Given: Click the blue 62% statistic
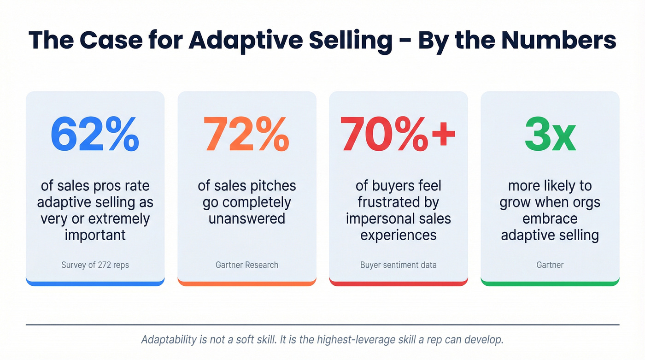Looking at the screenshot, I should pos(94,134).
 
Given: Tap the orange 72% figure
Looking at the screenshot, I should pos(246,134).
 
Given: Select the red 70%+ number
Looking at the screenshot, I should pos(398,134).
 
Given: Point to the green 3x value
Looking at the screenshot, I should pos(550,134).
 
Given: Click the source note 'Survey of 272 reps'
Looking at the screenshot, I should pos(95,265).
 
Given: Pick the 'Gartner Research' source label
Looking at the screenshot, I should pos(247,265).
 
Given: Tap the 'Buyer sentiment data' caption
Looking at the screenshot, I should pos(399,265).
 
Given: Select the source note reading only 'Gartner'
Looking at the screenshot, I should pos(550,265).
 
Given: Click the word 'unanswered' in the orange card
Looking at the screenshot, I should pos(247,218).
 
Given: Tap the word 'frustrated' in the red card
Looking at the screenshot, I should pos(398,202).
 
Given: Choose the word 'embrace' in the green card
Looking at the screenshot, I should pos(550,218).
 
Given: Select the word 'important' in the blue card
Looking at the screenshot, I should pos(95,235).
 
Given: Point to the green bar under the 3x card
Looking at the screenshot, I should pos(550,282).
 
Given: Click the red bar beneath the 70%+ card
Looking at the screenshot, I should pos(399,282).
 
